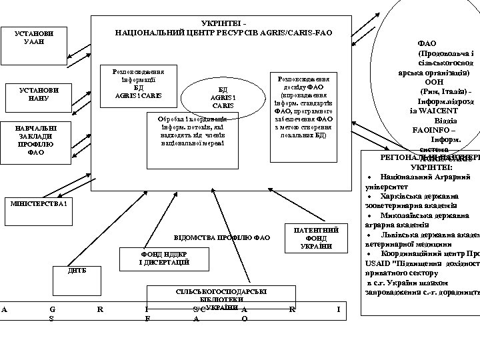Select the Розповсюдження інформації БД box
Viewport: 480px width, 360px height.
coord(139,87)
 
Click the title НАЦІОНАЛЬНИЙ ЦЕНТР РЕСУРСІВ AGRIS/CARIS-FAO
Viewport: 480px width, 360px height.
coord(223,32)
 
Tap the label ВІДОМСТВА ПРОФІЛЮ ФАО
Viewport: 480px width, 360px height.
coord(221,237)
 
